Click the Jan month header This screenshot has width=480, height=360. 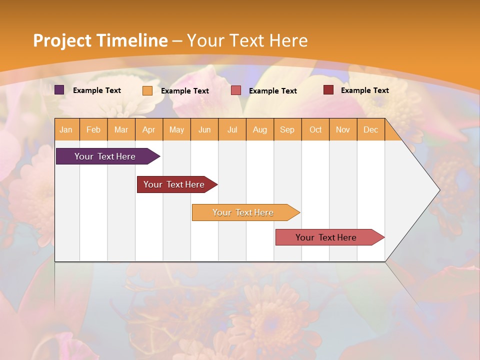coord(66,129)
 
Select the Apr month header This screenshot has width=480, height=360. coord(149,129)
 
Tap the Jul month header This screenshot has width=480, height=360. coord(232,129)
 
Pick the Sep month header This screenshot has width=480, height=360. coord(287,129)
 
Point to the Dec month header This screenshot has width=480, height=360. coord(370,129)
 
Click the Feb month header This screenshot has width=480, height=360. coord(93,129)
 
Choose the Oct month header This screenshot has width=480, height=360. coord(315,129)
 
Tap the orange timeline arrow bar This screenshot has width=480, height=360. coord(243,212)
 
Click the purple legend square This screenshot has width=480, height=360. coord(59,90)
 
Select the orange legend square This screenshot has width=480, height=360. coord(147,90)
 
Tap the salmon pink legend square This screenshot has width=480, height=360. coord(236,90)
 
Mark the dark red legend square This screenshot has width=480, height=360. coord(328,90)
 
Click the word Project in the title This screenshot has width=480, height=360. coord(61,40)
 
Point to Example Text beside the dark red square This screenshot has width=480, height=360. coord(364,90)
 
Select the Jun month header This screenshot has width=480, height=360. coord(204,129)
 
